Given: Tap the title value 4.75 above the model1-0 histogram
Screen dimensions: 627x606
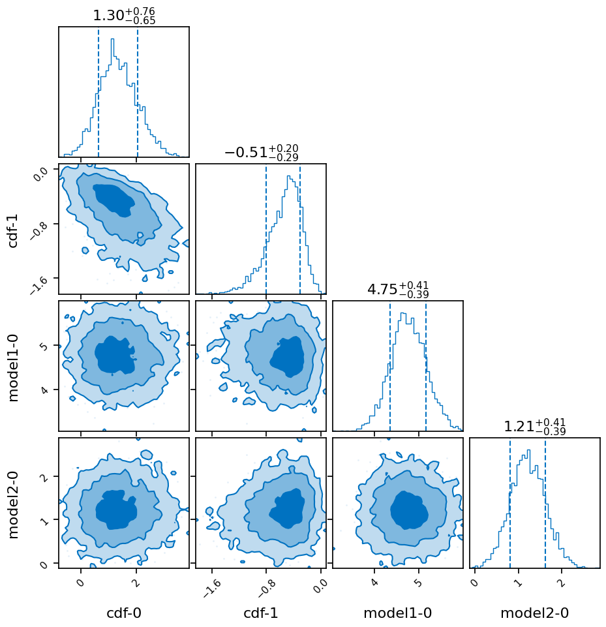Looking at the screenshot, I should [x=381, y=290].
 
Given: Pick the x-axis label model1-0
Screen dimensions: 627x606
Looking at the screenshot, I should [x=397, y=613].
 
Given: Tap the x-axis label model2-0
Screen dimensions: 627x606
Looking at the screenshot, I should [x=534, y=613].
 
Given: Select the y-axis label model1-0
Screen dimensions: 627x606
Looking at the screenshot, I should [x=13, y=366].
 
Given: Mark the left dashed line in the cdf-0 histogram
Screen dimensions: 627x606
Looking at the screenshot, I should [x=98, y=91].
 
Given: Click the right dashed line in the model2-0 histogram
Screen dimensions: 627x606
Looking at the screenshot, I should [x=545, y=502].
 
